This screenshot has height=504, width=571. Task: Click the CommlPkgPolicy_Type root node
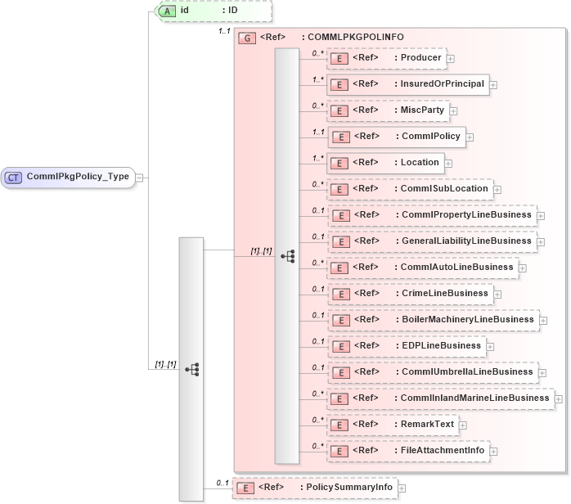[x=69, y=177]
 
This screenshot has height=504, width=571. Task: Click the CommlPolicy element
[x=396, y=137]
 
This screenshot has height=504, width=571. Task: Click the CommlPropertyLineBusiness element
[x=431, y=215]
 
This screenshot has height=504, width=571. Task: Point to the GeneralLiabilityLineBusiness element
[x=431, y=241]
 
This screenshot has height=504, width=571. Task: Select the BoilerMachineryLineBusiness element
[x=432, y=320]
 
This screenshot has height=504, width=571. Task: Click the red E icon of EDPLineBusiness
[x=339, y=346]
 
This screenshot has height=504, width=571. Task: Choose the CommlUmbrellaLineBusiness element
[x=431, y=372]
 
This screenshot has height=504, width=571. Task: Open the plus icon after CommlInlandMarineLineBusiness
[x=559, y=398]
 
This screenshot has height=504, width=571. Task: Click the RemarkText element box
[x=393, y=425]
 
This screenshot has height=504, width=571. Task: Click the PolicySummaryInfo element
[x=314, y=488]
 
